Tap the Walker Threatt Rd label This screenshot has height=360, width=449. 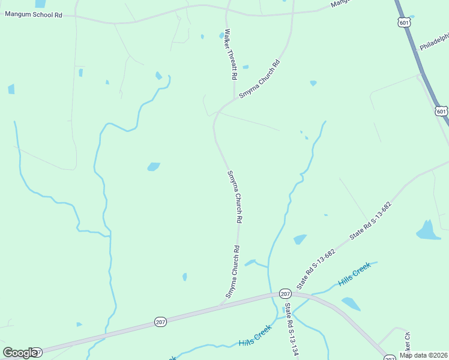228,55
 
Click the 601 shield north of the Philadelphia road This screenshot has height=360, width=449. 404,22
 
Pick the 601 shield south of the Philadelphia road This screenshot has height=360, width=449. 441,112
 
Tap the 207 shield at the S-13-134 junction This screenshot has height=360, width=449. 285,293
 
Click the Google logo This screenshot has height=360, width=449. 20,353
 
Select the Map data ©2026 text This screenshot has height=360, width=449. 423,355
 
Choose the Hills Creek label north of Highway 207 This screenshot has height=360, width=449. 354,274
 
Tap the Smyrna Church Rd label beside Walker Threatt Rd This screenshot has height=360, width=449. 260,79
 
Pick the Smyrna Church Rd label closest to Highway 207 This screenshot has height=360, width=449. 233,271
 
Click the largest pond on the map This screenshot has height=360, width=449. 428,231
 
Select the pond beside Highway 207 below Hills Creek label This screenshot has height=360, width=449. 351,304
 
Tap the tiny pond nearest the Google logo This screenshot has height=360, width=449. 79,325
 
